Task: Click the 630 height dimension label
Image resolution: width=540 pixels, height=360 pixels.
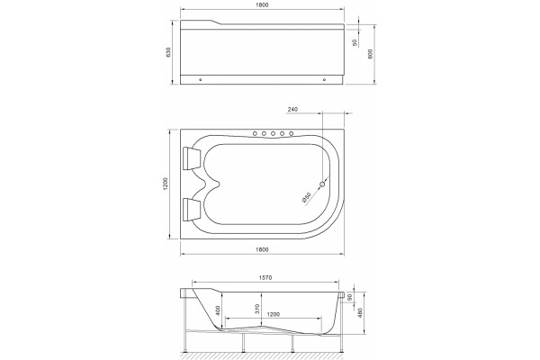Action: pyautogui.click(x=168, y=51)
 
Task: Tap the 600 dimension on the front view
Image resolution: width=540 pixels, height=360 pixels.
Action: pyautogui.click(x=371, y=54)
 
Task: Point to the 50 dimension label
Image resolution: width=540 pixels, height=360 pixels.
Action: pyautogui.click(x=355, y=42)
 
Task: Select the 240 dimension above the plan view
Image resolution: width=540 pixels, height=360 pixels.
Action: pyautogui.click(x=292, y=109)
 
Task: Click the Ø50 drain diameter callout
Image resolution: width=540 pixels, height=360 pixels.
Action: pyautogui.click(x=307, y=198)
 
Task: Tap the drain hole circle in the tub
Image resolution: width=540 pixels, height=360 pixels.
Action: pyautogui.click(x=322, y=184)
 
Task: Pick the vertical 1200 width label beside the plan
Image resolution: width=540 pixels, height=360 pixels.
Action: pyautogui.click(x=166, y=184)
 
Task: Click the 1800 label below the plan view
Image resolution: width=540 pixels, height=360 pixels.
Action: pyautogui.click(x=263, y=250)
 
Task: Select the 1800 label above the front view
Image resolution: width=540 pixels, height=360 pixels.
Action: pyautogui.click(x=263, y=4)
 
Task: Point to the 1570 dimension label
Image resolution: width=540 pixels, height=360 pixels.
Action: pyautogui.click(x=265, y=277)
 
